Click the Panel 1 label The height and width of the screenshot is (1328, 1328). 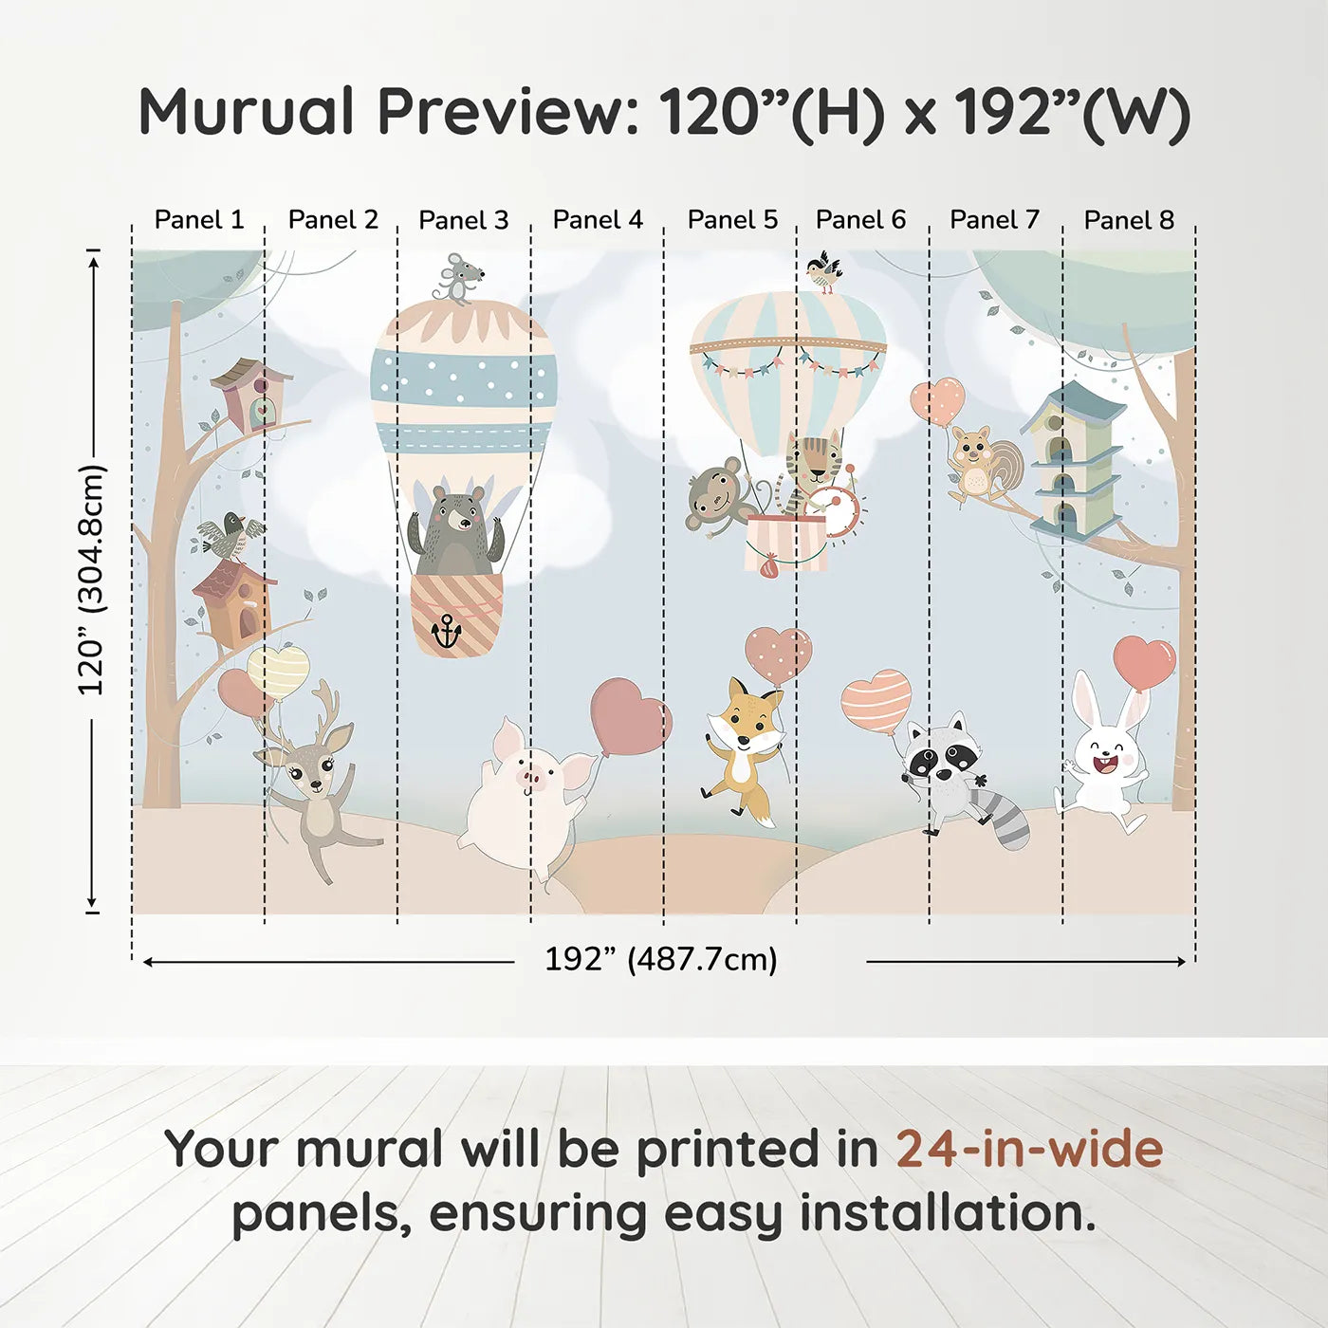point(199,220)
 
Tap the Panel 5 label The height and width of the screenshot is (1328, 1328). point(732,220)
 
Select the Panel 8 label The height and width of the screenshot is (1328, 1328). point(1129,220)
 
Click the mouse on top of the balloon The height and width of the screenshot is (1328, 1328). point(457,278)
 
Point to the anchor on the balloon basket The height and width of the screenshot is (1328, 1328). point(446,630)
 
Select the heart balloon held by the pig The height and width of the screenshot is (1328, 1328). point(630,716)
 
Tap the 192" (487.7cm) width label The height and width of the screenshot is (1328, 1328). point(660,960)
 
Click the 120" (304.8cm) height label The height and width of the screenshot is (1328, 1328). point(92,580)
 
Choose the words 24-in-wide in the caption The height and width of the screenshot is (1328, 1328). point(1029,1150)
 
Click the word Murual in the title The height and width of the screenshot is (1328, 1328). point(247,112)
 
